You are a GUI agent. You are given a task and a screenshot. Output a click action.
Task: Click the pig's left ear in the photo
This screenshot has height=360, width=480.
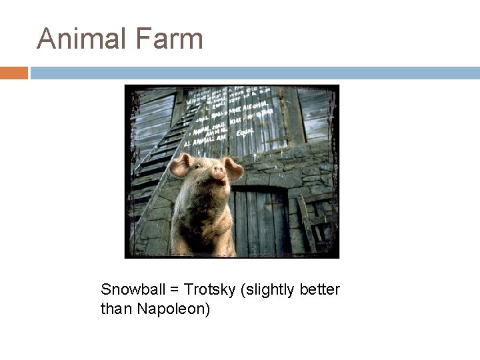(181, 165)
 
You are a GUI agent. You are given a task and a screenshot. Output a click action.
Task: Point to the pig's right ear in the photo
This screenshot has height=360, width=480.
(233, 168)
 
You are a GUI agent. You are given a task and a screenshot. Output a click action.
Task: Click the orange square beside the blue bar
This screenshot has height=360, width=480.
(14, 73)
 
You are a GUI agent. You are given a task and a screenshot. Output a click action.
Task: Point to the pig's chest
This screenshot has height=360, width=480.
(203, 227)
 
